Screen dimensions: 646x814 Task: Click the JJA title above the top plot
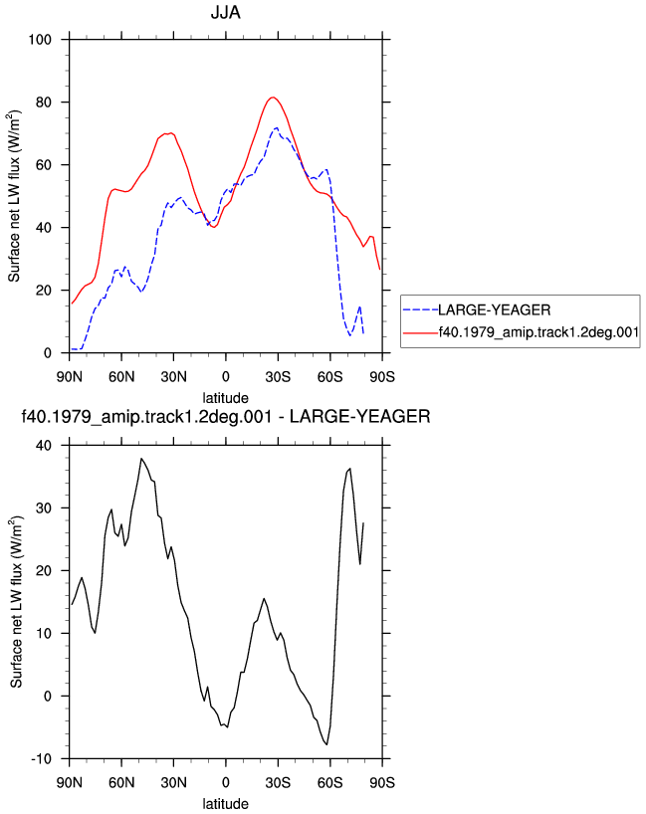[225, 12]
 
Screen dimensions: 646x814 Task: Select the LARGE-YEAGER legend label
[495, 309]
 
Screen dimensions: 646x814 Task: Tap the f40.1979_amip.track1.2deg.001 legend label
[538, 332]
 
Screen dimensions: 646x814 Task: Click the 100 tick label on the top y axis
[40, 40]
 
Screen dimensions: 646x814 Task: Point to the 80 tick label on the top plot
[44, 102]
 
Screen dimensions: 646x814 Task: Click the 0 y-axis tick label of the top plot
[48, 353]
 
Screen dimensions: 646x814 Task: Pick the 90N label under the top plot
[69, 376]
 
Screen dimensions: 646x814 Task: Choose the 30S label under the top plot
[278, 376]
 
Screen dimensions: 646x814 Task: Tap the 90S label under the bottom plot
[382, 782]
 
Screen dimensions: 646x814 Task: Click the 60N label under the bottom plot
[121, 782]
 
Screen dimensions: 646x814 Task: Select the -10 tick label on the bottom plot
[42, 759]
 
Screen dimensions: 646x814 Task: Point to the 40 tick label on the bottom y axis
[44, 446]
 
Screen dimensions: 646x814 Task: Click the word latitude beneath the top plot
[225, 398]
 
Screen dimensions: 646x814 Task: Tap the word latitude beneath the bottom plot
[225, 804]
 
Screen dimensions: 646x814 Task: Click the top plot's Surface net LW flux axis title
[14, 196]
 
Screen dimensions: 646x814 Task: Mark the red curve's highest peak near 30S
[273, 98]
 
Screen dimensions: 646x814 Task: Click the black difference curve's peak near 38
[140, 459]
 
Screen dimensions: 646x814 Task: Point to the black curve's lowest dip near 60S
[326, 744]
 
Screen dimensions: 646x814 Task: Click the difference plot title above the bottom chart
[225, 416]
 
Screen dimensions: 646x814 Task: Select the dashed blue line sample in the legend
[421, 309]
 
